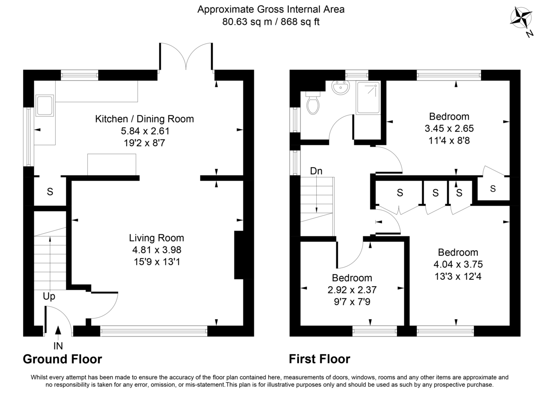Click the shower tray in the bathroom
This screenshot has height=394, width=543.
(x=368, y=97)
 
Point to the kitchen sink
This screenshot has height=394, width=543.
(x=44, y=105)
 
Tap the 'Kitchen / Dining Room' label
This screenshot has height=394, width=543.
(x=144, y=119)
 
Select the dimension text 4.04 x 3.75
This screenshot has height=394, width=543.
(x=457, y=264)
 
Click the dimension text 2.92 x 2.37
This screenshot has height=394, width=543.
(x=352, y=289)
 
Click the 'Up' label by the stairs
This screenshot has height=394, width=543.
(x=49, y=297)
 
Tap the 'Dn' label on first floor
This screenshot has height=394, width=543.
(x=316, y=171)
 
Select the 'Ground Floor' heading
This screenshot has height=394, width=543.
(x=62, y=360)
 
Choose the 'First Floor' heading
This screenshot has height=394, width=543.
(x=319, y=360)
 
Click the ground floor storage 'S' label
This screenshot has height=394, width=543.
(x=50, y=192)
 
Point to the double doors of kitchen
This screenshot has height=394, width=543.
(x=186, y=57)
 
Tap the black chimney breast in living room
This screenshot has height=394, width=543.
(x=238, y=255)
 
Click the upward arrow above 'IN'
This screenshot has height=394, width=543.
(x=58, y=332)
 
